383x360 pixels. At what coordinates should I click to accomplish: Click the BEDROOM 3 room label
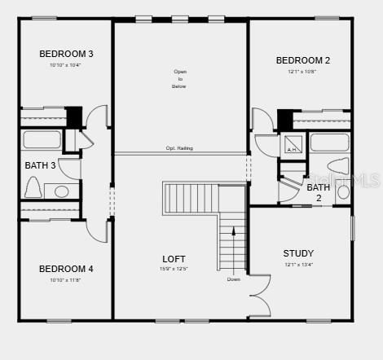point(66,54)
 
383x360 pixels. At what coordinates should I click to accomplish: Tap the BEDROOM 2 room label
point(302,60)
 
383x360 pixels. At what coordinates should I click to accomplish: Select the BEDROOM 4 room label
point(66,269)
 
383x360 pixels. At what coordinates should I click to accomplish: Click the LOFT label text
point(174,259)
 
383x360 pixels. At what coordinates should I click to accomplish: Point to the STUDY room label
point(298,253)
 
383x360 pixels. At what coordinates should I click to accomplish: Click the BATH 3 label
point(40,165)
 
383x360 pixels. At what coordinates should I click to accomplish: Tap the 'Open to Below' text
point(179,78)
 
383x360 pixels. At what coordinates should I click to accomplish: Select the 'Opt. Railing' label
point(180,148)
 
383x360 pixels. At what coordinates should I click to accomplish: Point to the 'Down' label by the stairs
point(233,279)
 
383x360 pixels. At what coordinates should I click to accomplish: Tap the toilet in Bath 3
point(34,187)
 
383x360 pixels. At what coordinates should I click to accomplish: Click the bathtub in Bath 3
point(41,139)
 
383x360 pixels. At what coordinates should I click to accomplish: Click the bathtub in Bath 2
point(329,143)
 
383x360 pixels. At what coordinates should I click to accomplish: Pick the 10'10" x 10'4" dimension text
point(65,65)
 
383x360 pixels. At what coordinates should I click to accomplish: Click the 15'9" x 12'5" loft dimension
point(174,269)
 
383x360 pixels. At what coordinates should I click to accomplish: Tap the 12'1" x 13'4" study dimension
point(298,264)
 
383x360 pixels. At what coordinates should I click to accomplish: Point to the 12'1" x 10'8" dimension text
point(302,72)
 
